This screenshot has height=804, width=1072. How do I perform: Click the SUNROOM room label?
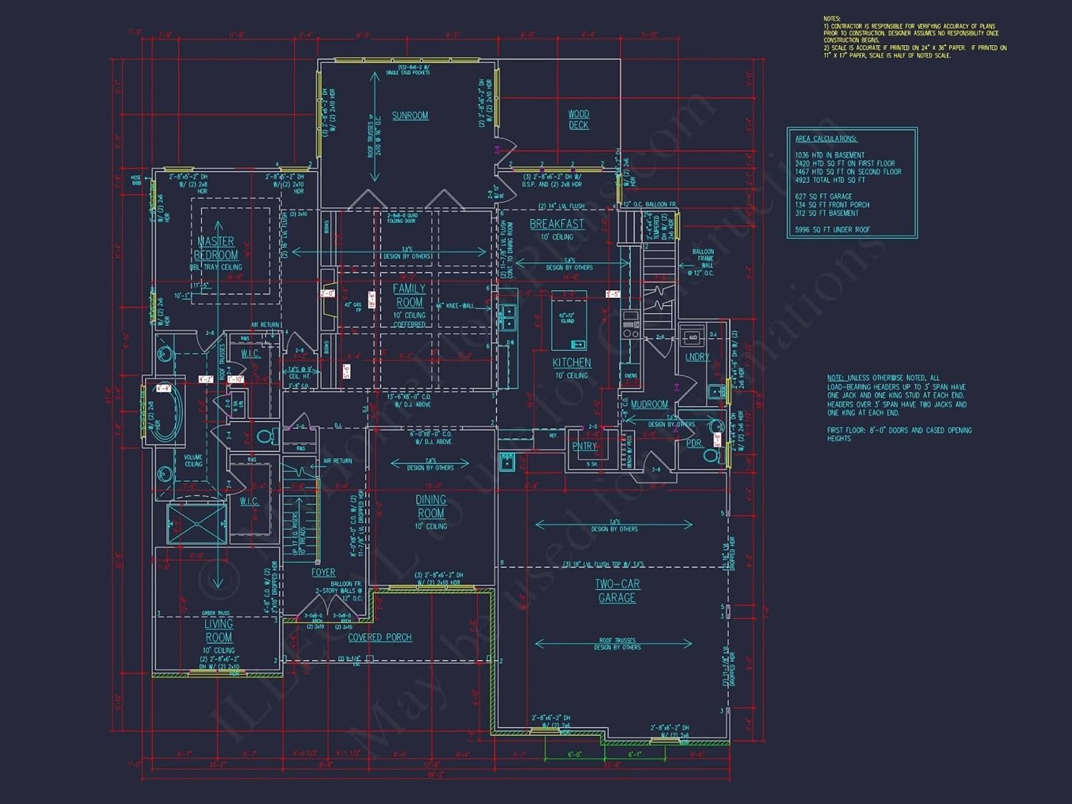pos(410,116)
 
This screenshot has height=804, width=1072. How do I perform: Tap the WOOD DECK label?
pos(579,119)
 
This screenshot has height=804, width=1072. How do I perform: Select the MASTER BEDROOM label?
pos(216,248)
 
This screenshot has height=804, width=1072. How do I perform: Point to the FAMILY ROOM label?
pos(410,295)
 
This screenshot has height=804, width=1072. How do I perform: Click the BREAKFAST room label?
pos(557,224)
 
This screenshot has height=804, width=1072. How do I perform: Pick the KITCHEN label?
pos(572,363)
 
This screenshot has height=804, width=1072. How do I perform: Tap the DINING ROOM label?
pos(431,507)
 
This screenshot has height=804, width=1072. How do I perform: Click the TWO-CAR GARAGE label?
pos(617,591)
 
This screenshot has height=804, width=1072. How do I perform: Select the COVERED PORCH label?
pos(379,637)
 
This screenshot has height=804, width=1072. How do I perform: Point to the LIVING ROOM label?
pos(219,630)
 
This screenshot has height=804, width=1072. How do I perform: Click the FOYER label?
pos(323,572)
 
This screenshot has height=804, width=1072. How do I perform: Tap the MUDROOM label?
pos(649,405)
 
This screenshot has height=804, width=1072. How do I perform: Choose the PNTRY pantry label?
pos(585,446)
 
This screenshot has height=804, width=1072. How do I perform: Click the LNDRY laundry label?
pos(697,357)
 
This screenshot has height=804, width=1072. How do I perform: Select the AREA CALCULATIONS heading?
pos(825,139)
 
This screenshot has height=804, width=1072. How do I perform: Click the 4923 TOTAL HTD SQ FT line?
pos(830,180)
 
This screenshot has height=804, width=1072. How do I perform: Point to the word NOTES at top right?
pos(832,19)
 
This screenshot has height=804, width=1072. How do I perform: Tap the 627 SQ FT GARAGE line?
pos(823,197)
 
